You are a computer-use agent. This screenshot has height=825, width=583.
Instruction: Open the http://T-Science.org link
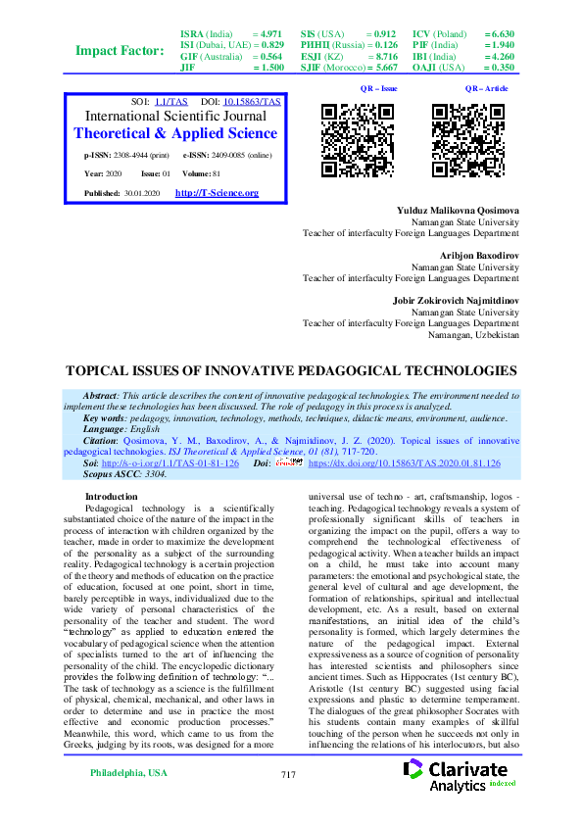tap(217, 193)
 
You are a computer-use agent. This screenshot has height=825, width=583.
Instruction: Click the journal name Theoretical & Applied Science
tap(175, 133)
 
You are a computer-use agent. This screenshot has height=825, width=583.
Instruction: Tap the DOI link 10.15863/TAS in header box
tap(252, 102)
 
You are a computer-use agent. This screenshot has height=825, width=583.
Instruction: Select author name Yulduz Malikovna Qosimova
tap(458, 211)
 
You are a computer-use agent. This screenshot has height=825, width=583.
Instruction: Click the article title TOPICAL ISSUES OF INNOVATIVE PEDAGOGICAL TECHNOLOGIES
tap(290, 371)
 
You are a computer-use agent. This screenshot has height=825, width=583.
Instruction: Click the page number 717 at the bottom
tap(288, 802)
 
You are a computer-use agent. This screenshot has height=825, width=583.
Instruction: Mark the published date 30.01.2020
tap(142, 194)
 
